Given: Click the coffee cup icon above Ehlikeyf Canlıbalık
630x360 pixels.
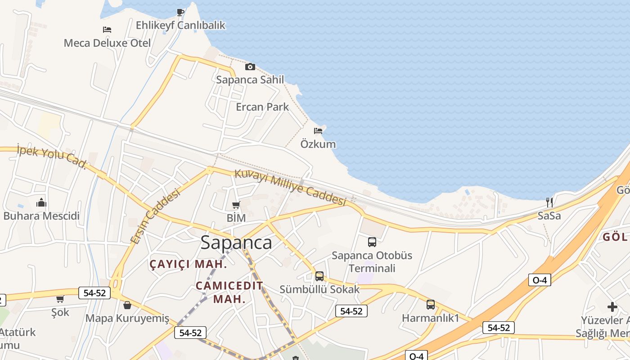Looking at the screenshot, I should [180, 12].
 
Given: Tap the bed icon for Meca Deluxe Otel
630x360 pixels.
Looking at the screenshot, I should [107, 30].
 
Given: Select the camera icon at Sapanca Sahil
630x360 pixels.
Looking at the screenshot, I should [250, 67].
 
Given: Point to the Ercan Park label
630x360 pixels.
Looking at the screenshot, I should [262, 107].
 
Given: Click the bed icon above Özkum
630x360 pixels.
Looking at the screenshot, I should [318, 131].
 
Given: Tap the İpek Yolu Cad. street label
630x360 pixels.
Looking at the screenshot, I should [51, 156].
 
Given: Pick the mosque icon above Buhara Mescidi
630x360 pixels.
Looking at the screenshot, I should [41, 202].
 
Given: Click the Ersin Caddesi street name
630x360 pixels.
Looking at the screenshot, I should [155, 216].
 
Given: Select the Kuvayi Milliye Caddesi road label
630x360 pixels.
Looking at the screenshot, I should [290, 187].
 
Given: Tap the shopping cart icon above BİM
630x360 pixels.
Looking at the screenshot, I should [236, 205].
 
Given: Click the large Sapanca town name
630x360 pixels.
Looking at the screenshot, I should [236, 243].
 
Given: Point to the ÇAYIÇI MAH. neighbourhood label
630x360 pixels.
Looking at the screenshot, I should [188, 264].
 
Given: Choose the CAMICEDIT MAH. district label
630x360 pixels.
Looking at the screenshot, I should [229, 292].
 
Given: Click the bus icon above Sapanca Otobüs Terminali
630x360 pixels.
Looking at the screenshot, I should [372, 242].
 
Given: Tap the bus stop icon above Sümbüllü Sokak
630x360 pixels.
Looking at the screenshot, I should [319, 276].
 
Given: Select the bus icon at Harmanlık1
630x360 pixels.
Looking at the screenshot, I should [431, 305].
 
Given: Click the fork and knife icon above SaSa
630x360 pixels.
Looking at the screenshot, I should [549, 202].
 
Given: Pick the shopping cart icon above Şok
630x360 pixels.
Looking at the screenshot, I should [60, 299].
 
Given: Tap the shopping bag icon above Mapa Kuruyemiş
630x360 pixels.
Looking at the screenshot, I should [127, 305].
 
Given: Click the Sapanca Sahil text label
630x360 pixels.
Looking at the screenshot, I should [250, 80].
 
